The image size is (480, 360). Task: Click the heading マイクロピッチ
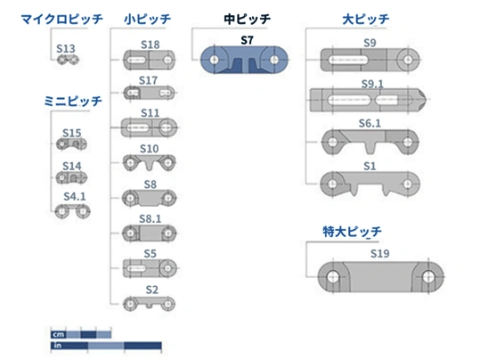pyautogui.click(x=61, y=20)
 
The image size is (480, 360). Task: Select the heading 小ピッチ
pyautogui.click(x=148, y=20)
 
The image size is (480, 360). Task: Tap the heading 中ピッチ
pyautogui.click(x=248, y=20)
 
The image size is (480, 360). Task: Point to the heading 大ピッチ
pyautogui.click(x=366, y=20)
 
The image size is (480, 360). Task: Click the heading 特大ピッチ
pyautogui.click(x=352, y=232)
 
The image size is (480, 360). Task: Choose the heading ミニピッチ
pyautogui.click(x=73, y=101)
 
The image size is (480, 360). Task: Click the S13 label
pyautogui.click(x=66, y=49)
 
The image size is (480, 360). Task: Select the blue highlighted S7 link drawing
pyautogui.click(x=244, y=60)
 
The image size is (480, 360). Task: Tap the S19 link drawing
pyautogui.click(x=380, y=276)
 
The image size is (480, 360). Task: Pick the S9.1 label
pyautogui.click(x=372, y=84)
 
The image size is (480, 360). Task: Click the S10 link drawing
pyautogui.click(x=149, y=162)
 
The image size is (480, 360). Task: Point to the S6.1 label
pyautogui.click(x=370, y=124)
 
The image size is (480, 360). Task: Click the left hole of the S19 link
pyautogui.click(x=333, y=277)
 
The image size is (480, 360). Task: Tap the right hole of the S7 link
pyautogui.click(x=274, y=60)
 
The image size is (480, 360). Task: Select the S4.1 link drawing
pyautogui.click(x=72, y=211)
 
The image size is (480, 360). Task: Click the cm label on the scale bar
pyautogui.click(x=58, y=334)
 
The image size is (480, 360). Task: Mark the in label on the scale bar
pyautogui.click(x=58, y=345)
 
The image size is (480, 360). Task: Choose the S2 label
pyautogui.click(x=151, y=290)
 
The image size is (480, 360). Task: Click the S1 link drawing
pyautogui.click(x=370, y=184)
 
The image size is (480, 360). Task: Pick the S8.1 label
pyautogui.click(x=150, y=219)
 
